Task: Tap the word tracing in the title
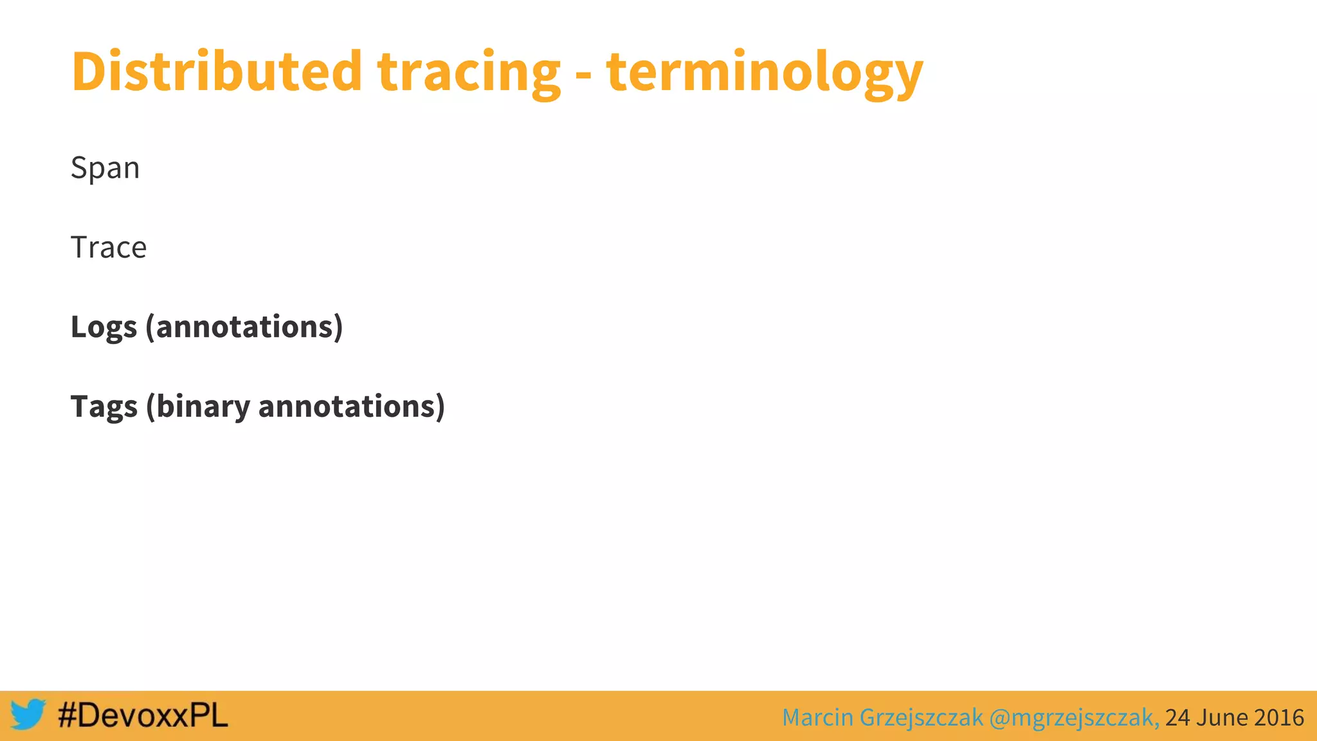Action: coord(469,74)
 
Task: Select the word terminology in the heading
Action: coord(764,74)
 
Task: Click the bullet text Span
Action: coord(105,169)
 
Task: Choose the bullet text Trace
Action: coord(109,248)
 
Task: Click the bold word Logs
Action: coord(104,327)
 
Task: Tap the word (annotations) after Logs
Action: coord(244,327)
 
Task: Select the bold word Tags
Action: coord(104,407)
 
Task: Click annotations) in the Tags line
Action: coord(351,407)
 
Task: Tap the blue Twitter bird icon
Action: coord(28,715)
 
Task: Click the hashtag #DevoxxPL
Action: coord(143,715)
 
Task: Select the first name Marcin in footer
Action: coord(817,717)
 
